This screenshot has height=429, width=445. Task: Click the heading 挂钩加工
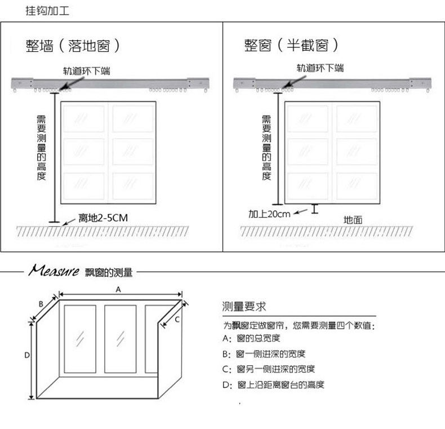[x=47, y=11]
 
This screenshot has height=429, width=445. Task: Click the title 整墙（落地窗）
[x=73, y=46]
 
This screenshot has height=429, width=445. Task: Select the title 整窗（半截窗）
[x=291, y=46]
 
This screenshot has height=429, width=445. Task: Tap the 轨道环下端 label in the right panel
[x=321, y=69]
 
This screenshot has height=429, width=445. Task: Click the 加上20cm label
[x=269, y=214]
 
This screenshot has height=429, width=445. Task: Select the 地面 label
[x=353, y=219]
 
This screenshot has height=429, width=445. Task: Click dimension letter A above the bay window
[x=118, y=289]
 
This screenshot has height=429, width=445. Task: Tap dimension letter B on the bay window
[x=41, y=304]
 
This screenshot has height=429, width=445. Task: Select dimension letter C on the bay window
[x=176, y=319]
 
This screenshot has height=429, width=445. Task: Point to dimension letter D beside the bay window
[x=26, y=355]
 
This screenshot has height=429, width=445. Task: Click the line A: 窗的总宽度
[x=251, y=339]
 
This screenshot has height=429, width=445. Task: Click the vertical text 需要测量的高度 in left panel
[x=42, y=147]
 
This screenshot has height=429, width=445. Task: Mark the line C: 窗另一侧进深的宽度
[x=269, y=369]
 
